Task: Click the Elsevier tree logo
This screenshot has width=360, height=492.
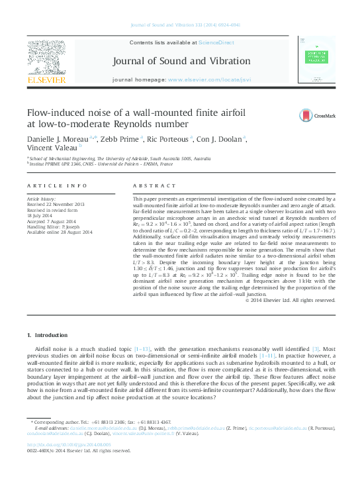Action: click(x=46, y=57)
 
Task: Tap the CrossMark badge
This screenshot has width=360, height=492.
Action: click(x=320, y=116)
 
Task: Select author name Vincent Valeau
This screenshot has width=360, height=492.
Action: click(x=51, y=149)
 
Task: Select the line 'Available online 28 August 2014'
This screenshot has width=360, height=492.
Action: click(x=60, y=231)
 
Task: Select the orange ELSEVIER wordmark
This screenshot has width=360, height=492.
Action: click(x=46, y=79)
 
